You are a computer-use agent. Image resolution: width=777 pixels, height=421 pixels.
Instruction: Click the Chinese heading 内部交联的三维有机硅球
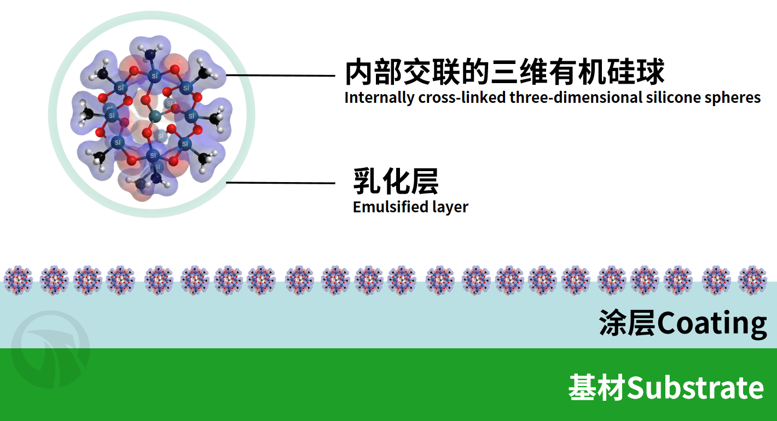tap(505, 72)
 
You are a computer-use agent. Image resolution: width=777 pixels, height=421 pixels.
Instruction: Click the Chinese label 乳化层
tap(396, 181)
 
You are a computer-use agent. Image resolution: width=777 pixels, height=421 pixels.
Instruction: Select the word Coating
tap(712, 323)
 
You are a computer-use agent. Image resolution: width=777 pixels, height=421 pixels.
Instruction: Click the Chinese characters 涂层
tap(628, 323)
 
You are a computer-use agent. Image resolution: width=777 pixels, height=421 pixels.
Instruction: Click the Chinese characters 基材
tap(598, 388)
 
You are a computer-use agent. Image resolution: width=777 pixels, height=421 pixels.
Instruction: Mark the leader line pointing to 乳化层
tap(281, 183)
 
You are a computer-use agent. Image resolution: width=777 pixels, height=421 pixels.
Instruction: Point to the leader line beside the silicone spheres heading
tap(281, 75)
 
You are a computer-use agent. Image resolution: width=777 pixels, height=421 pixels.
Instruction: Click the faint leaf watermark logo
tap(51, 349)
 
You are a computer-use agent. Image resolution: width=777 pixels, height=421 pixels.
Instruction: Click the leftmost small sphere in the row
tap(18, 280)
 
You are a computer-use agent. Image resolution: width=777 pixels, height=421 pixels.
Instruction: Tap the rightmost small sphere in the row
tap(753, 280)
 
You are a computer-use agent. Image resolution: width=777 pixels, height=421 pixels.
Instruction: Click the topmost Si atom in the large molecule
tap(155, 76)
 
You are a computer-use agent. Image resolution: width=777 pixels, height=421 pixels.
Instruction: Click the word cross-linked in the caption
tap(462, 97)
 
